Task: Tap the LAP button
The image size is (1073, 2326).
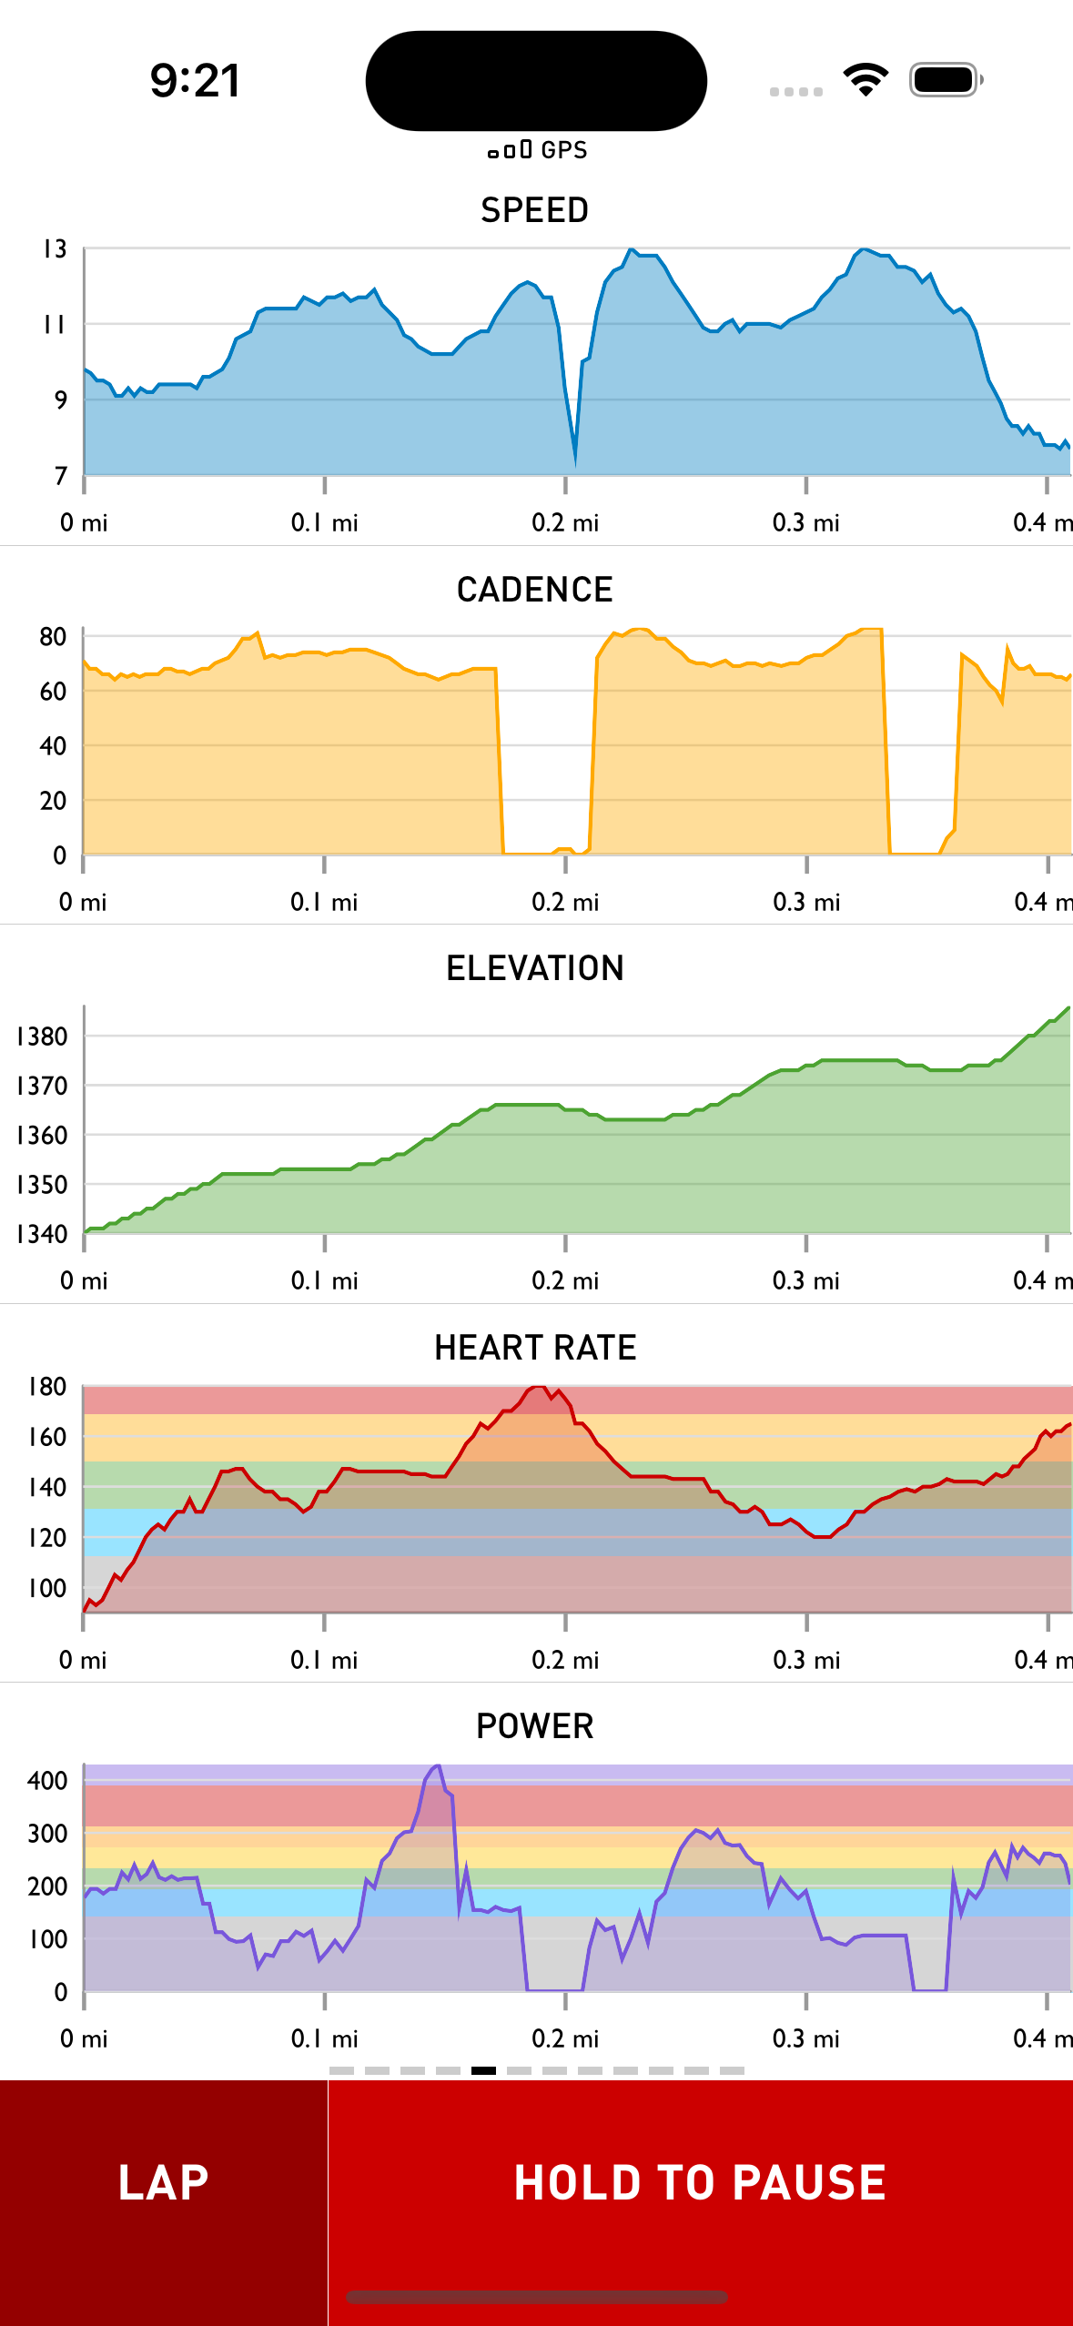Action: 164,2182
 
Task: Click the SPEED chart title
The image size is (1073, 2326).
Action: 535,210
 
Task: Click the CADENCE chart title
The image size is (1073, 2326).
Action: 535,590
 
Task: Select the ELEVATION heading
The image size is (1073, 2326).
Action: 535,968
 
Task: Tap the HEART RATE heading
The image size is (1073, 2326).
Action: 535,1348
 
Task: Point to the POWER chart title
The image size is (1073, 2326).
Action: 535,1726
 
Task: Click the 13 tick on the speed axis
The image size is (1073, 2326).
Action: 55,249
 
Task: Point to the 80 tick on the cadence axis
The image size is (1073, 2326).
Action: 53,637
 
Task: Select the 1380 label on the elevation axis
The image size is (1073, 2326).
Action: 42,1037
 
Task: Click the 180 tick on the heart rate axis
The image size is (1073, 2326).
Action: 47,1387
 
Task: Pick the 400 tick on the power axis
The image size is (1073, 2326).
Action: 47,1781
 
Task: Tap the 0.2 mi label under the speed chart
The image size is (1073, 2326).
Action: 565,523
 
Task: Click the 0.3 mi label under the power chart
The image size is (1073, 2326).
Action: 805,2038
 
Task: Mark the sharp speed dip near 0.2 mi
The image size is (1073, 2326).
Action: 575,460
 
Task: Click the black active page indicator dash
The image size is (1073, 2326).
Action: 483,2070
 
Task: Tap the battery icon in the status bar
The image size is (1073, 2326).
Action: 946,80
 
